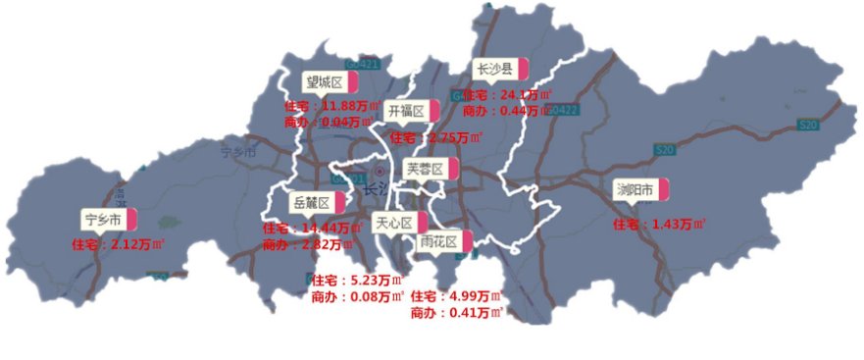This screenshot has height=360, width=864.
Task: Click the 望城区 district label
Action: pyautogui.click(x=324, y=81)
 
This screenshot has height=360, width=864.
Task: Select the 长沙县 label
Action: pyautogui.click(x=495, y=69)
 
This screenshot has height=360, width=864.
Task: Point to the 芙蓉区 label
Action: pyautogui.click(x=426, y=169)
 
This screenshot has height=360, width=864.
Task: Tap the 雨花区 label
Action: pyautogui.click(x=438, y=240)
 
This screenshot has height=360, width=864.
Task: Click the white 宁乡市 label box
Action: pyautogui.click(x=103, y=219)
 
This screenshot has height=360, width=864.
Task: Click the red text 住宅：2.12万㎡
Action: pyautogui.click(x=117, y=244)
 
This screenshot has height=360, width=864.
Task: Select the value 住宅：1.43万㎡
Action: pyautogui.click(x=659, y=225)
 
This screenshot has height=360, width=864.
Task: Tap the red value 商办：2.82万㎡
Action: pyautogui.click(x=307, y=245)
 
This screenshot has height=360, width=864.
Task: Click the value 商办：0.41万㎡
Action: pyautogui.click(x=456, y=313)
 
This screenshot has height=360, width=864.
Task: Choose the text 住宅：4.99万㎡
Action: pyautogui.click(x=455, y=296)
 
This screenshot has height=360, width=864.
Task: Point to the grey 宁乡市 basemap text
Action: pyautogui.click(x=238, y=153)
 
